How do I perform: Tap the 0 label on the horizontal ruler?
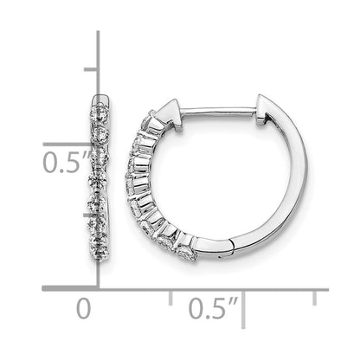tap(82, 308)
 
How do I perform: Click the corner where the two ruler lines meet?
tap(98, 286)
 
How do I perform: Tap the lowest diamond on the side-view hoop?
tap(186, 252)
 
